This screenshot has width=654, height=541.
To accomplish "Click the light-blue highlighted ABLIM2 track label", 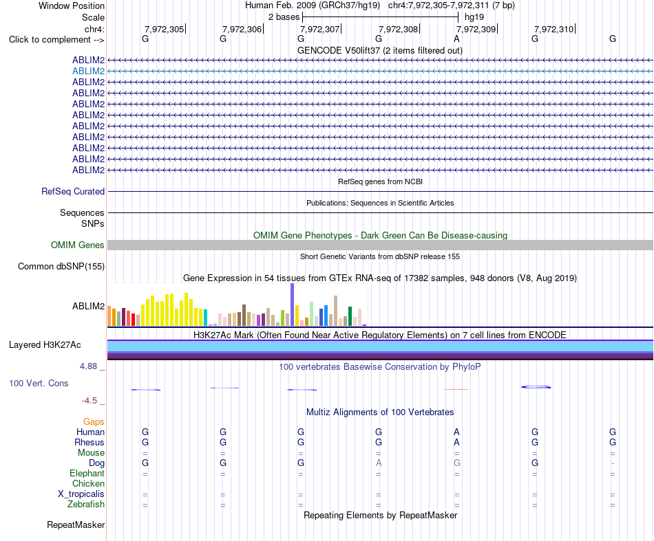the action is [88, 71].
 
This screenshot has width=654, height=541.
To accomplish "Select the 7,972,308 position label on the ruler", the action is [398, 29].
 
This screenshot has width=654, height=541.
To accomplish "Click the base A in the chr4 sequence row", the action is [456, 38].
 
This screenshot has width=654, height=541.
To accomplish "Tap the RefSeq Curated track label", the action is [73, 192].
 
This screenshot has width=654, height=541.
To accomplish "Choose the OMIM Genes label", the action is [78, 245].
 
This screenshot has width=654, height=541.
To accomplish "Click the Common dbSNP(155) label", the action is [61, 267].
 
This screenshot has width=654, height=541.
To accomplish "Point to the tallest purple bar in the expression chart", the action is [293, 305].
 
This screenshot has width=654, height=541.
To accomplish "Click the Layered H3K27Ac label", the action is [45, 345].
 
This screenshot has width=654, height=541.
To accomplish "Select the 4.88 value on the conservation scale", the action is [88, 366].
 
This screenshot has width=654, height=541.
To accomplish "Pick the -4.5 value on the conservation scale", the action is [89, 401].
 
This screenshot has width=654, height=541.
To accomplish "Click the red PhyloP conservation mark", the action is [456, 389].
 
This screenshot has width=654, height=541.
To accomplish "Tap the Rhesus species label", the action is [89, 442].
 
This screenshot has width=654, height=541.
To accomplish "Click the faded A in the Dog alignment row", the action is [379, 463].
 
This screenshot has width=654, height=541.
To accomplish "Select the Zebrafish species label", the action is [86, 505].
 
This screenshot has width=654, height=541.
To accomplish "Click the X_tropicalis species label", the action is [81, 494].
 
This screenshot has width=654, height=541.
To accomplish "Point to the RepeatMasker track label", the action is [76, 525].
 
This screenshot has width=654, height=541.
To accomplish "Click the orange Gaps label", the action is [94, 422].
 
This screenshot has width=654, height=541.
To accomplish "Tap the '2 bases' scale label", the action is [284, 17].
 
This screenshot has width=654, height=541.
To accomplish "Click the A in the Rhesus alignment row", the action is [456, 442].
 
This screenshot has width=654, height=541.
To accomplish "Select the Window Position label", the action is [72, 5].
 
